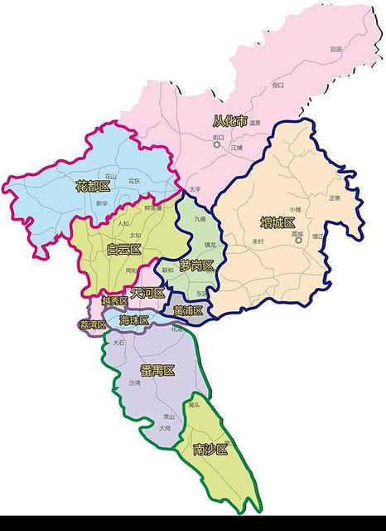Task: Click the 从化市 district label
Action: [x=229, y=121]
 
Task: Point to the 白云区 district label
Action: [x=124, y=249]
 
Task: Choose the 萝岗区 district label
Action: [x=196, y=265]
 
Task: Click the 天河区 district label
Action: [x=147, y=293]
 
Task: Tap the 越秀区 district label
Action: [x=114, y=300]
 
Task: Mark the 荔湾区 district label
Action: [x=93, y=324]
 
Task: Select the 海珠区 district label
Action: [x=134, y=320]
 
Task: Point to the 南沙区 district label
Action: [x=210, y=449]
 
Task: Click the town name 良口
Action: [x=277, y=85]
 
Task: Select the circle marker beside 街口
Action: [x=217, y=144]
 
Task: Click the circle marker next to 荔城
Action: [x=297, y=235]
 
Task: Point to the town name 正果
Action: [x=334, y=197]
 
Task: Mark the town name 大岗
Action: [x=165, y=428]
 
